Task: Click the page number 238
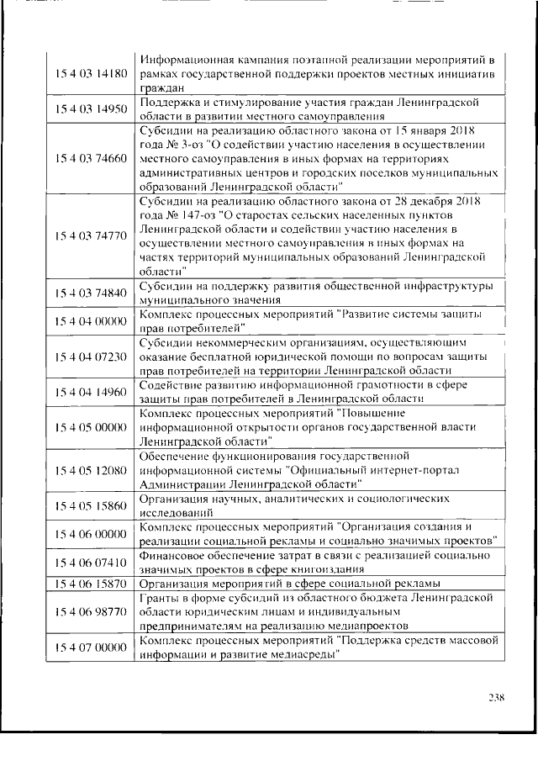tap(496, 696)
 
